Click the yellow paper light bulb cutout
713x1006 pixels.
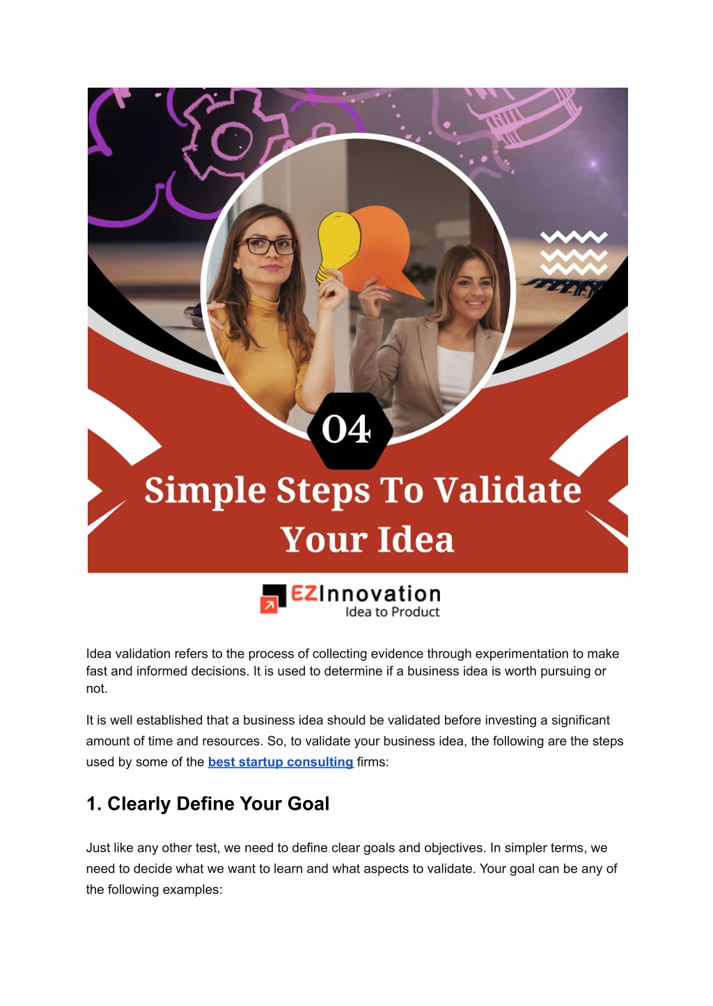[338, 246]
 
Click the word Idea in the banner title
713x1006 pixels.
[416, 539]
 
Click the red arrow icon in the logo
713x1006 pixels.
[268, 605]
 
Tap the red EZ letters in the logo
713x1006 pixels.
[304, 593]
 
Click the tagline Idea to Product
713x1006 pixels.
[392, 612]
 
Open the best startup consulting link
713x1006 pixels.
[281, 762]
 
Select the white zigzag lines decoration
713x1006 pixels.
[574, 253]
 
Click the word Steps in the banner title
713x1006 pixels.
[323, 491]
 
